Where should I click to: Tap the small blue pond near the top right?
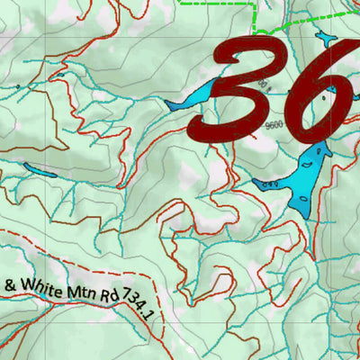pyautogui.click(x=323, y=38)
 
